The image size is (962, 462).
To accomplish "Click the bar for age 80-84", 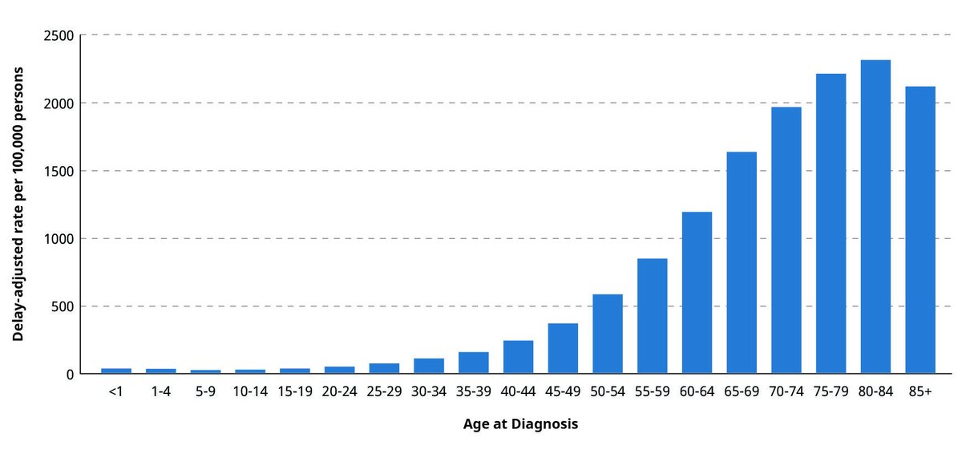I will coord(875,217).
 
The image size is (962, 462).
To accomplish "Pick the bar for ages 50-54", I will coord(608,334).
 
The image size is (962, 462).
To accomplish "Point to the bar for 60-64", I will coord(697,293).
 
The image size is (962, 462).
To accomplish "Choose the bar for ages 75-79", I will coord(831,224).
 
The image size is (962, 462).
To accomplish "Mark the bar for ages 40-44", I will coord(518,358).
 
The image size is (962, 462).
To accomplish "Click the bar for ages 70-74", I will coord(786,241).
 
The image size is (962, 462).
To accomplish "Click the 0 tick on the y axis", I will coord(70,375).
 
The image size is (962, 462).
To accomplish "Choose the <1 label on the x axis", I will coord(116,395).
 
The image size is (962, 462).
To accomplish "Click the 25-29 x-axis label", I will coord(384,395).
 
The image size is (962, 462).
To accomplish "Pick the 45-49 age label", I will coord(563,395).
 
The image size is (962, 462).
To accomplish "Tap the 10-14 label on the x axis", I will coord(250,395).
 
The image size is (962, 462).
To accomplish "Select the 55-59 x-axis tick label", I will coord(652,395).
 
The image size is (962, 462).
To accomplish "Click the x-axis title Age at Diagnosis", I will coord(520,424).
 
